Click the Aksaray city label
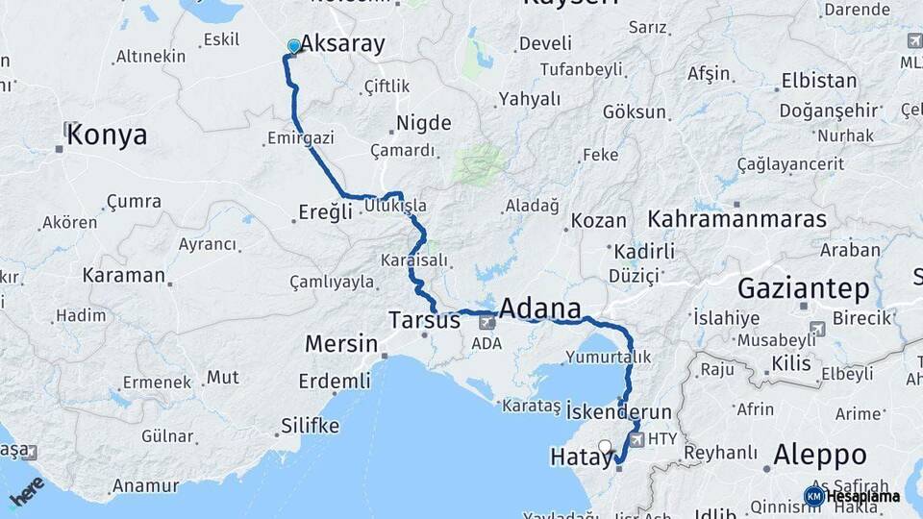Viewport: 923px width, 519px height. [x=342, y=43]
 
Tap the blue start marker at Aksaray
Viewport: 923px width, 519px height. [x=294, y=46]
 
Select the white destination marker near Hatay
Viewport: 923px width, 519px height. [x=605, y=446]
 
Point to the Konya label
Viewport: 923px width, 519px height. [x=107, y=135]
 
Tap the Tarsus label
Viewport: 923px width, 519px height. [x=424, y=320]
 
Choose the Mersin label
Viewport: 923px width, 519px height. [x=340, y=343]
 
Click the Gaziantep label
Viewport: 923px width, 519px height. [x=803, y=288]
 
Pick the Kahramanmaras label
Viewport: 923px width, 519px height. [x=736, y=219]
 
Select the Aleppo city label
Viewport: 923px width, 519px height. [x=819, y=454]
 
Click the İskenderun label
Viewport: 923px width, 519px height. [x=617, y=411]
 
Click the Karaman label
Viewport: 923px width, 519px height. [x=123, y=275]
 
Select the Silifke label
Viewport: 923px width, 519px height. [x=310, y=425]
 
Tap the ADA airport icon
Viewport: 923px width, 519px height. [x=487, y=323]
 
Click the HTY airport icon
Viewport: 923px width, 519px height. [x=636, y=438]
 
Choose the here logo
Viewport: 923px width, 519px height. [x=27, y=490]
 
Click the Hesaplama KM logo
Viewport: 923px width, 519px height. [x=852, y=496]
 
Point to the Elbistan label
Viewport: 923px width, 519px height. [x=819, y=81]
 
